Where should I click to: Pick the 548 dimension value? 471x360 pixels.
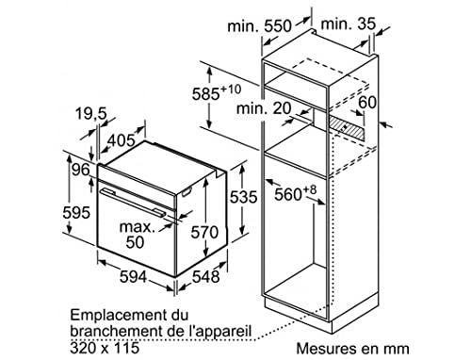207,277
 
